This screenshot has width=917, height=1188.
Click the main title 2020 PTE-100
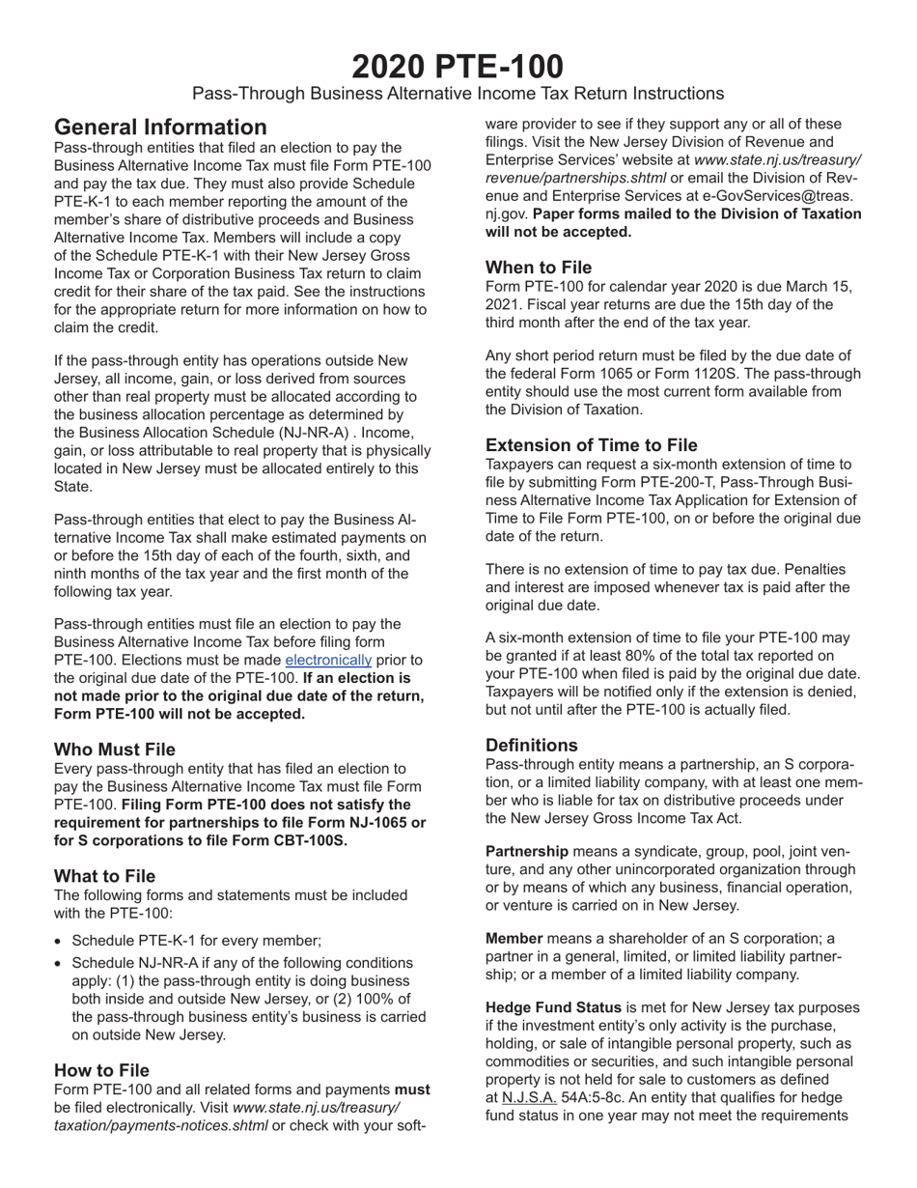click(x=458, y=66)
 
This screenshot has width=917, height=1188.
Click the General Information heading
click(x=160, y=127)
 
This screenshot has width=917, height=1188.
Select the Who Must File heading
click(x=115, y=749)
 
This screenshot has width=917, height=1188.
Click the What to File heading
click(x=104, y=876)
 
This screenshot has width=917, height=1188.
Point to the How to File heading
click(x=101, y=1070)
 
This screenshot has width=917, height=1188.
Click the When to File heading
click(x=539, y=268)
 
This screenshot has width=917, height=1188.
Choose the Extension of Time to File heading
click(x=591, y=445)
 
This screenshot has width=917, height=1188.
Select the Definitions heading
click(x=532, y=745)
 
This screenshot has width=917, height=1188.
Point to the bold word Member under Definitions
click(x=514, y=939)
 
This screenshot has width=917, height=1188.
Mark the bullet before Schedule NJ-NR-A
click(x=60, y=963)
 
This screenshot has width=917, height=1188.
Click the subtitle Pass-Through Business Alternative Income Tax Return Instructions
click(x=458, y=94)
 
